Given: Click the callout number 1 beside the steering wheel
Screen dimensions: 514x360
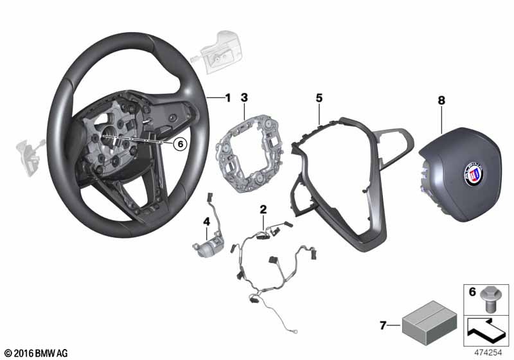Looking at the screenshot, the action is [228, 98].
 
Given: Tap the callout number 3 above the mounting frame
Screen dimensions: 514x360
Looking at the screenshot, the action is [244, 97].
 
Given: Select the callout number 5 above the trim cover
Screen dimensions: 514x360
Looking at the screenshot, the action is [319, 98].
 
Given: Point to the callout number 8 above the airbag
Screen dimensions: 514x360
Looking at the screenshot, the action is [441, 100].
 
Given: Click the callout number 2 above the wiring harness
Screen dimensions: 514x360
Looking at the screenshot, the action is [263, 209].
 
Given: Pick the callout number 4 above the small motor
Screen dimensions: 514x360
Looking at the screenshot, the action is [206, 222].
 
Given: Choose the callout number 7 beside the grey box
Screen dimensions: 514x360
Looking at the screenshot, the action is [383, 325].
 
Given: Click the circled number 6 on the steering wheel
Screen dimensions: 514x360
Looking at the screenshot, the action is [180, 143].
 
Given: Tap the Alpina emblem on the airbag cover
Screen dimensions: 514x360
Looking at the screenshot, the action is [474, 174].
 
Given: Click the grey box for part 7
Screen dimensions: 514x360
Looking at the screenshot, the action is [429, 323].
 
